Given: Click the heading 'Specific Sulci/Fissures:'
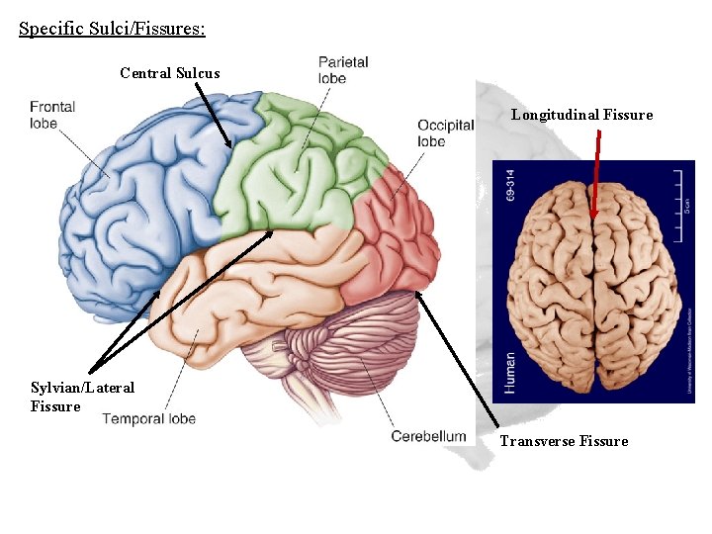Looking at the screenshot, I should (x=112, y=28).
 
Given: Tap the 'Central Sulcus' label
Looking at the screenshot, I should (x=170, y=72).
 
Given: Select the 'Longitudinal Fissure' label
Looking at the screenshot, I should (x=581, y=115).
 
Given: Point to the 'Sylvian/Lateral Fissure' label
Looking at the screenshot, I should (x=82, y=397).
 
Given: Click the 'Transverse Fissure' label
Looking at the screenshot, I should (x=564, y=441).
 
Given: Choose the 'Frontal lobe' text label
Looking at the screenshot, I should (x=52, y=115).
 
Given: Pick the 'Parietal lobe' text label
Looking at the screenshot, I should (x=343, y=69).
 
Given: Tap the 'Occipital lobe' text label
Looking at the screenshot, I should (x=445, y=133).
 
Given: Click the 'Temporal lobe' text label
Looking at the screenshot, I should (x=148, y=418).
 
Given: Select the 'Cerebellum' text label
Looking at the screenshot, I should (x=428, y=436).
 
